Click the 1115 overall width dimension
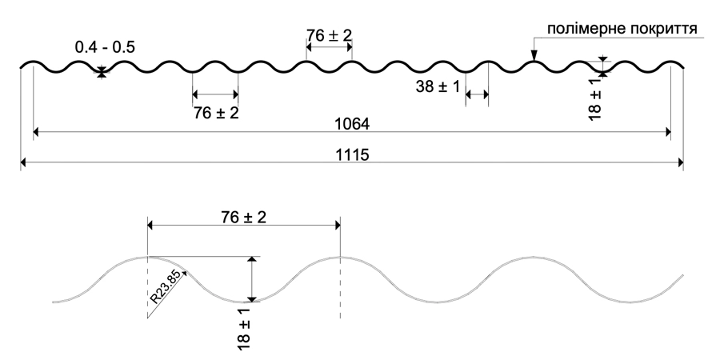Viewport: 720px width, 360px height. click(352, 154)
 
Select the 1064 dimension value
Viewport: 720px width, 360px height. click(352, 124)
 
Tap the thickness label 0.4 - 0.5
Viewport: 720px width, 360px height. click(105, 47)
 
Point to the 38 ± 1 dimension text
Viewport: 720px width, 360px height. click(438, 86)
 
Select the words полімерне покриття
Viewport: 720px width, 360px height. click(622, 29)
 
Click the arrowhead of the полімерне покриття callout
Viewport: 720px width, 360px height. click(534, 57)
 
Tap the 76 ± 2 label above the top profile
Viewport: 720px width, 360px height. click(329, 35)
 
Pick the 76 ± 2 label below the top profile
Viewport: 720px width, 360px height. click(216, 113)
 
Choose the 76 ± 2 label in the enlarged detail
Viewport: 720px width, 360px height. click(243, 217)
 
